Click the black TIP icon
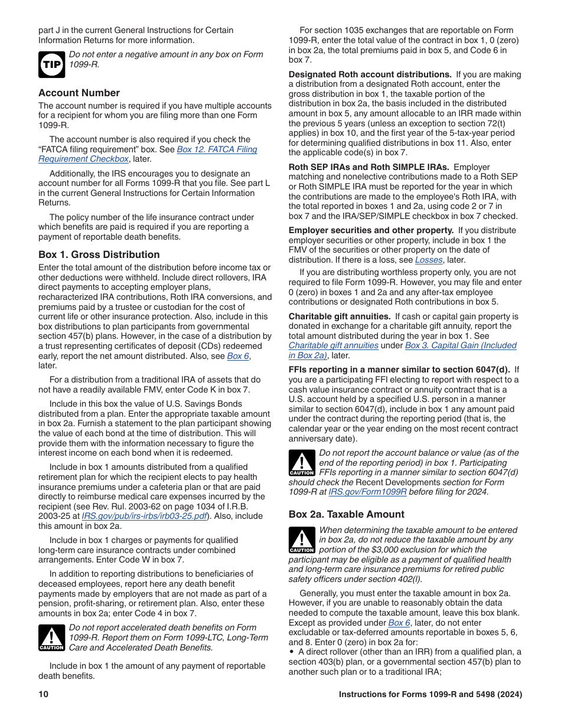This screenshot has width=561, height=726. pos(51,64)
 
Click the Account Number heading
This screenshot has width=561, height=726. pos(79,93)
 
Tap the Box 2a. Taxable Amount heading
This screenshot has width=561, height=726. pos(346,514)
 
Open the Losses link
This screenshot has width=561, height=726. pos(429,260)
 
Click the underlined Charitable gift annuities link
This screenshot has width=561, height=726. pos(333,345)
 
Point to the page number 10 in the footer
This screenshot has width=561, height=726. pos(43,695)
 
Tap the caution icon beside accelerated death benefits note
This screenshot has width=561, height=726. pos(51,637)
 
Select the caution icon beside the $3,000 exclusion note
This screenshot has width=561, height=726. pos(301,540)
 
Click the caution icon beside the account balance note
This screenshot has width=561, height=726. pos(301,463)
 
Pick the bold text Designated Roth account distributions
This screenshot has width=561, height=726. pos(370,74)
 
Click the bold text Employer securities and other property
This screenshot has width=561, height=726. pos(371,230)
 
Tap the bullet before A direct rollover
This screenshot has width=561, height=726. pos(292,652)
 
